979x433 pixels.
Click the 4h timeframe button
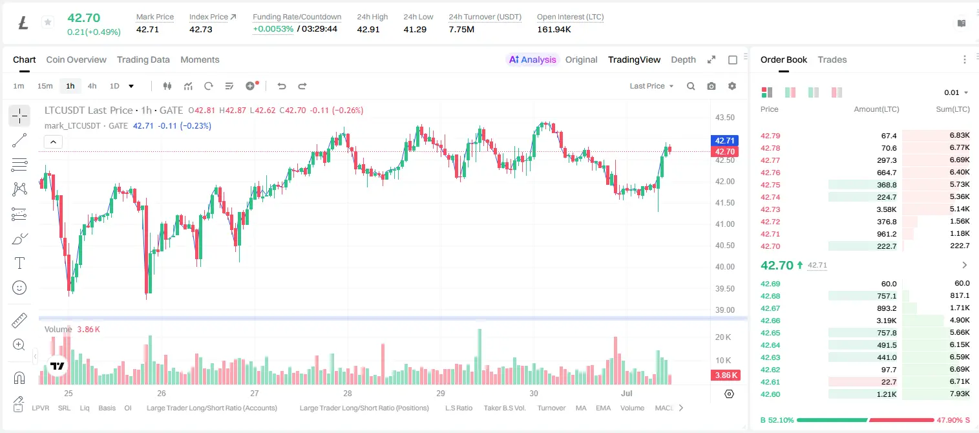92,86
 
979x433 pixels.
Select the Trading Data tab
143,59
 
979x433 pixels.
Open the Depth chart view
683,59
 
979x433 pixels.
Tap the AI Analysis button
532,59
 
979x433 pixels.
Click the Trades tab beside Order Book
832,59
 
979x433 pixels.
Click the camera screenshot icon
711,86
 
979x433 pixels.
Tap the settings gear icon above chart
732,86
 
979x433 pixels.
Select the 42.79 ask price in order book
770,136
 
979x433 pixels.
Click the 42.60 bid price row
770,394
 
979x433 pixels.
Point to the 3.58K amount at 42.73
887,209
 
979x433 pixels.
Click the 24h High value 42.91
368,29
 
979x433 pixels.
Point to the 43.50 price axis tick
724,118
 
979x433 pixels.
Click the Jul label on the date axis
627,393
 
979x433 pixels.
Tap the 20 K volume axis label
723,337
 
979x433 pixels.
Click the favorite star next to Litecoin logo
48,22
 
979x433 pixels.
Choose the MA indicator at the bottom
581,408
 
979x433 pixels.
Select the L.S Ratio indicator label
459,408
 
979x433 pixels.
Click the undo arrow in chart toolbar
282,86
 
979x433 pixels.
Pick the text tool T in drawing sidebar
19,263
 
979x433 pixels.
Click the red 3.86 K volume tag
726,375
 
